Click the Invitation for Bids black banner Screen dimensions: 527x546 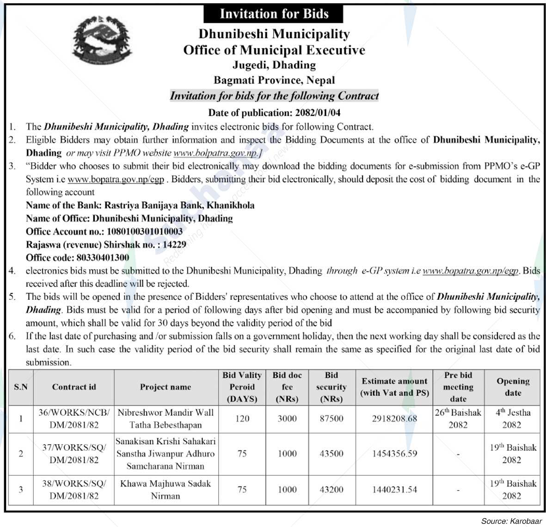[x=274, y=13]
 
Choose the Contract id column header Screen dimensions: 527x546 [x=74, y=387]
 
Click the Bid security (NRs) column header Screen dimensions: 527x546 [x=331, y=387]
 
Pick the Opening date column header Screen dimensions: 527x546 [x=512, y=387]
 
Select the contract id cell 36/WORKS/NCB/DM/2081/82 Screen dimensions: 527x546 [x=74, y=418]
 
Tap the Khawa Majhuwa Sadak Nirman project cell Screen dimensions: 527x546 [x=165, y=490]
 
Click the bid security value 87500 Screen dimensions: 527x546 [x=331, y=418]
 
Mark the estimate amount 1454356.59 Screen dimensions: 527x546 [x=394, y=454]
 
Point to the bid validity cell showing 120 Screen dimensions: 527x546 [x=242, y=418]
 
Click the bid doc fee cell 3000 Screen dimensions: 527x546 [x=287, y=418]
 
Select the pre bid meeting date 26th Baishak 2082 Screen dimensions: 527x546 [x=458, y=418]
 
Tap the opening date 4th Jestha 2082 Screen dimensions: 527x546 [x=512, y=418]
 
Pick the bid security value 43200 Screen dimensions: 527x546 [x=331, y=490]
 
